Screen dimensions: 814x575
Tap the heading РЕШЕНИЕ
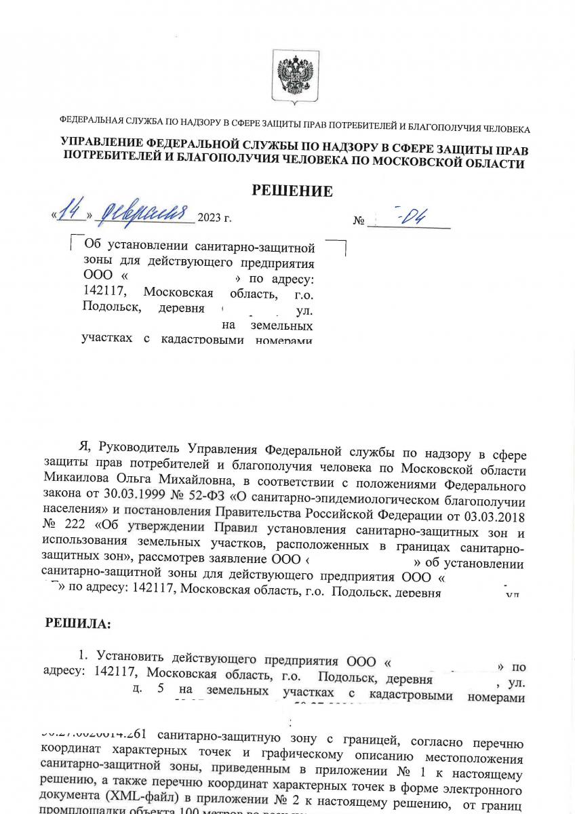coord(292,191)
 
